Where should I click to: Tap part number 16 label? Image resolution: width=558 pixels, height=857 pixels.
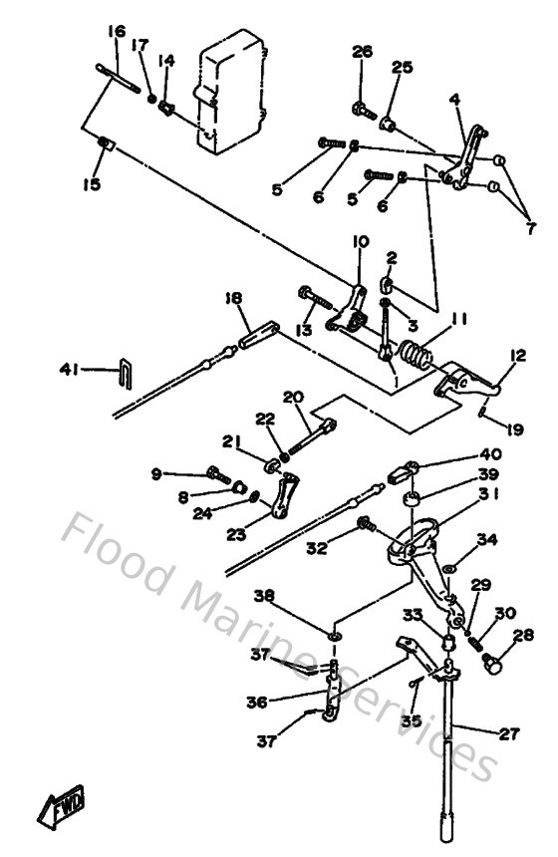[x=117, y=32]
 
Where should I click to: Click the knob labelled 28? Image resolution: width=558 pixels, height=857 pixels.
[x=493, y=660]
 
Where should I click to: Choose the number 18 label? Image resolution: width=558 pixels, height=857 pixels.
[x=232, y=299]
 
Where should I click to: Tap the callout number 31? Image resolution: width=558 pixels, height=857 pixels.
[x=488, y=493]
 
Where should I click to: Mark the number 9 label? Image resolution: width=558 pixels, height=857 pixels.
[x=155, y=474]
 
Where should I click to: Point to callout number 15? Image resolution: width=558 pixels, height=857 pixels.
[x=92, y=183]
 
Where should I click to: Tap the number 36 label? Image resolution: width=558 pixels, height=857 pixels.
[x=257, y=702]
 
